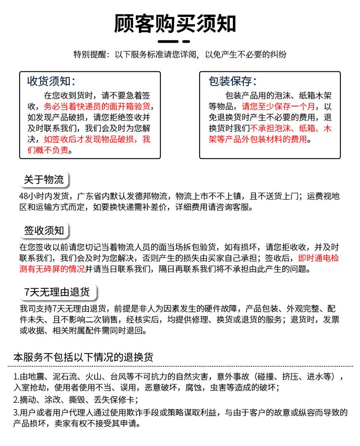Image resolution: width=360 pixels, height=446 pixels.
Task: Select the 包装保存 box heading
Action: coord(232,81)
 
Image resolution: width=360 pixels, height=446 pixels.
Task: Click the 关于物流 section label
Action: coord(44,180)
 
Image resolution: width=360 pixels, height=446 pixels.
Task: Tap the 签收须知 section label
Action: coord(44,230)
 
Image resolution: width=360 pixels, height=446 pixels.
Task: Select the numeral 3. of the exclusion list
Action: coord(17,412)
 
